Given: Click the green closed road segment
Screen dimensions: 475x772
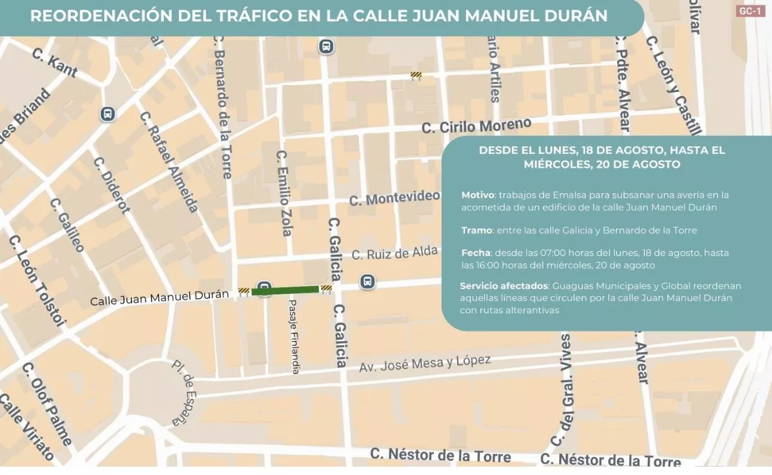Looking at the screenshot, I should click(x=285, y=290).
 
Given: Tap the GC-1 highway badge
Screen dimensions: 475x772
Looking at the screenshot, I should click(x=750, y=11).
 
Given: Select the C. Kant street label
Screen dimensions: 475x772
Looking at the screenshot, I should click(x=54, y=62).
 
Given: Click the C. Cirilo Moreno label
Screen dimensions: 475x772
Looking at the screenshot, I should click(x=477, y=126).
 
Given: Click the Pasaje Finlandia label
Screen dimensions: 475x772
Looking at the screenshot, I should click(x=294, y=337).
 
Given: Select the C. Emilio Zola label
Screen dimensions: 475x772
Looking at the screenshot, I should click(x=284, y=193).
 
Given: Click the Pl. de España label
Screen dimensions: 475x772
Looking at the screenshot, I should click(x=183, y=392).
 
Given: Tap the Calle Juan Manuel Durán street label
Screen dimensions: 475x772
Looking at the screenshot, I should click(x=160, y=297).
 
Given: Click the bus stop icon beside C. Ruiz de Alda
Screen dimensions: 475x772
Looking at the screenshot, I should click(x=367, y=282).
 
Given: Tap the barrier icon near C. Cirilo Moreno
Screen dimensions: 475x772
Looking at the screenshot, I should click(x=416, y=75).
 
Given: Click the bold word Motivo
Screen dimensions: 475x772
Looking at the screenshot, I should click(x=477, y=195).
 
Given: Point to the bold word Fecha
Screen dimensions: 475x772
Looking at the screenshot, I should click(x=475, y=253).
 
